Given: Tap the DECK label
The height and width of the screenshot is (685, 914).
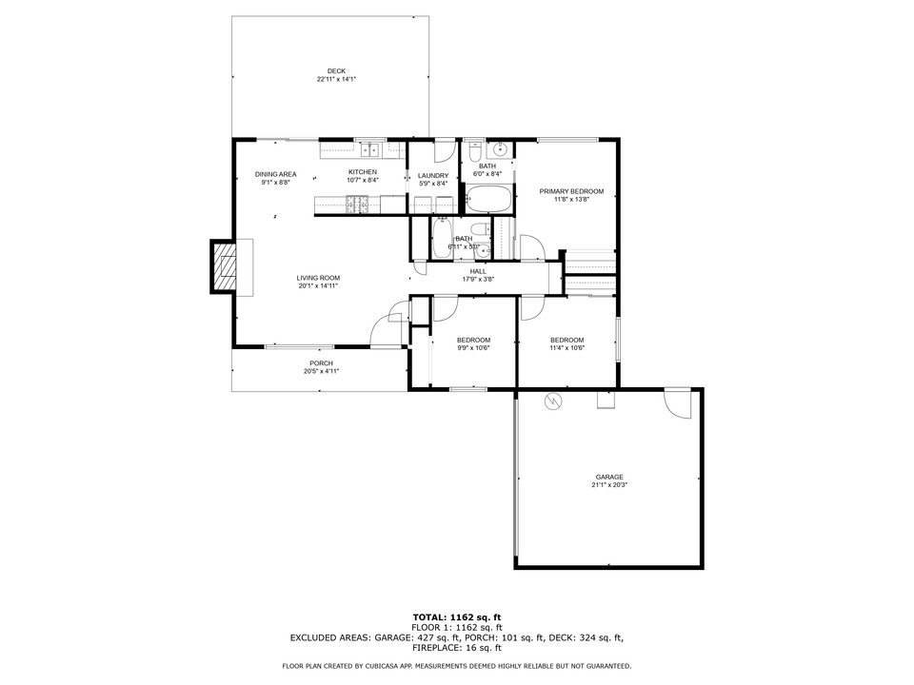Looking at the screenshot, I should click(336, 70).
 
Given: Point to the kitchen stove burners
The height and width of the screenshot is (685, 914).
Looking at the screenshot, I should click(359, 202).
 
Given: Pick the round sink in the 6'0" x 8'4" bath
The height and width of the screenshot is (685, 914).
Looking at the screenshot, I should click(500, 150).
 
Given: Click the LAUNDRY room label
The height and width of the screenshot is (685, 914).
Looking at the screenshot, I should click(433, 175).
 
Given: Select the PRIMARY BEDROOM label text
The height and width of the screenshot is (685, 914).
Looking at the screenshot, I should click(571, 191).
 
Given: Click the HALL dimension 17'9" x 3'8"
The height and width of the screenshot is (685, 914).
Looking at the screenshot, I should click(478, 280).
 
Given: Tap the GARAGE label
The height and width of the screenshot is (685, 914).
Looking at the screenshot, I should click(609, 477).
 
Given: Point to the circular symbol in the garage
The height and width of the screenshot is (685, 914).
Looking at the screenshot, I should click(551, 401).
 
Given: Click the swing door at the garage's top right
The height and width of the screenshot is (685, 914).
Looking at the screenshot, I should click(678, 402).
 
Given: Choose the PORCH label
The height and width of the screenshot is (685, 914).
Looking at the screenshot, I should click(321, 363).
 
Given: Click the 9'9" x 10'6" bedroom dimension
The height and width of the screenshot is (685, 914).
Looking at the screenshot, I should click(473, 348).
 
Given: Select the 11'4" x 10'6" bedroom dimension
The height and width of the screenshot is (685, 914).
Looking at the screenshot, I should click(567, 348).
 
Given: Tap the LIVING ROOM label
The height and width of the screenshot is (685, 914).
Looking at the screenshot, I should click(318, 277).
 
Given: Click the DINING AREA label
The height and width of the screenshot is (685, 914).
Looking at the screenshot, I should click(275, 174).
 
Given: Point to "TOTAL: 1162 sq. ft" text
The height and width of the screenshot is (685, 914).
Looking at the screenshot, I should click(457, 617).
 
